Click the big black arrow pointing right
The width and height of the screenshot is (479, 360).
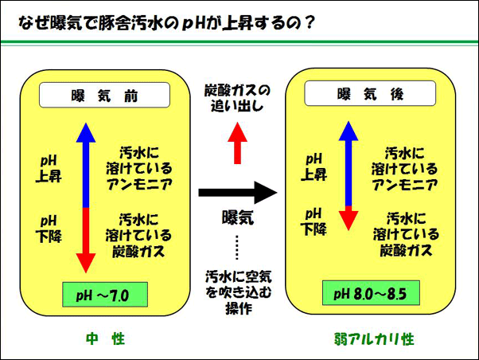(x=237, y=193)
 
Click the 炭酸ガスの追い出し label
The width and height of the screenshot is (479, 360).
(x=237, y=97)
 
